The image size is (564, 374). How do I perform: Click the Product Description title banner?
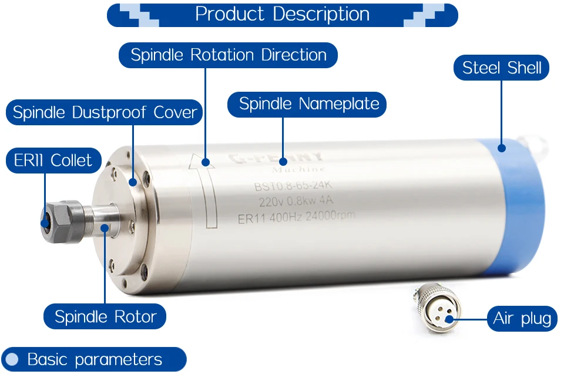tap(282, 15)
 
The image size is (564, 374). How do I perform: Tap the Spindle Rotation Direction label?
tap(228, 55)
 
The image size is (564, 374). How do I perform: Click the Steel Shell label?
tap(502, 68)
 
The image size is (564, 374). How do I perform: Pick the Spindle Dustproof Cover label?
tap(105, 112)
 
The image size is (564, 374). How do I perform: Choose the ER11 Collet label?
tap(53, 161)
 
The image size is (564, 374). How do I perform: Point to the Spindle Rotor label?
tap(105, 317)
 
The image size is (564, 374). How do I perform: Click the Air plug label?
tap(522, 319)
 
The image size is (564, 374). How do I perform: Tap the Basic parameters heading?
tap(94, 359)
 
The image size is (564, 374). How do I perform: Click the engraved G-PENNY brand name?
tap(276, 158)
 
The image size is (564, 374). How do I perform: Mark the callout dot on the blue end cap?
tap(502, 147)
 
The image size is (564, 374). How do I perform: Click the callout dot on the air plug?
tap(449, 319)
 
